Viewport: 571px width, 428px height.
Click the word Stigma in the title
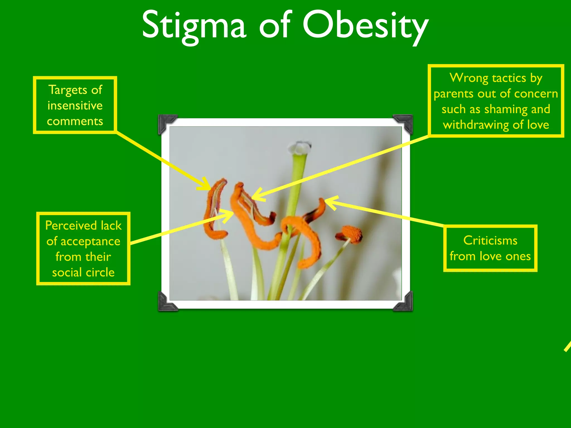click(x=194, y=26)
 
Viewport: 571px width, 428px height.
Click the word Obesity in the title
click(x=366, y=26)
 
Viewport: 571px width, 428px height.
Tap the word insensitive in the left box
click(x=75, y=106)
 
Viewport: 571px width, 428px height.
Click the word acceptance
click(x=90, y=241)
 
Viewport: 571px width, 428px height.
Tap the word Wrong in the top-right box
click(x=468, y=78)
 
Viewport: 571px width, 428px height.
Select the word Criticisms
click(x=490, y=240)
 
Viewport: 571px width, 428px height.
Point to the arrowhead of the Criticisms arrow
click(x=328, y=201)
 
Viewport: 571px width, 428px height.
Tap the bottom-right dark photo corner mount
click(x=404, y=302)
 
